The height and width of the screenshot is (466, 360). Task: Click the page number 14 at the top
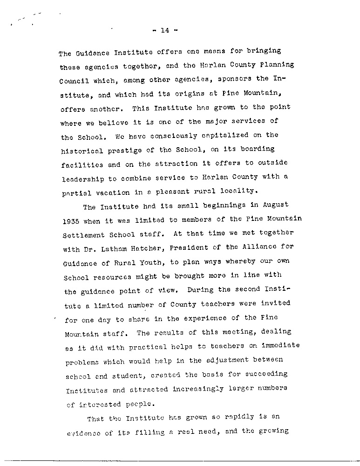(x=164, y=31)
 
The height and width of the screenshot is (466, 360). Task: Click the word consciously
(x=150, y=136)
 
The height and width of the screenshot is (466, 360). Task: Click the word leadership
(x=84, y=179)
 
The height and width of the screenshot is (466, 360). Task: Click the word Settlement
(x=86, y=234)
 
